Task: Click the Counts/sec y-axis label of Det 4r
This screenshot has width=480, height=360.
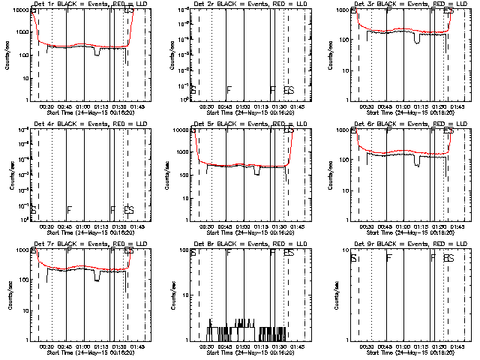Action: click(7, 175)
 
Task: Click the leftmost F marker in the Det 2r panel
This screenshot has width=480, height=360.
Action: click(229, 90)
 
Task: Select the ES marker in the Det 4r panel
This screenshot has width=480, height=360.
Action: click(128, 210)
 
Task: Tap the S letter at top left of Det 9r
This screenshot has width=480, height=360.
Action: click(353, 258)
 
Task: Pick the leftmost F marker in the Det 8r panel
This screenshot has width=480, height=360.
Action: click(229, 253)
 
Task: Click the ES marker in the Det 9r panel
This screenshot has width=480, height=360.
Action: click(448, 258)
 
